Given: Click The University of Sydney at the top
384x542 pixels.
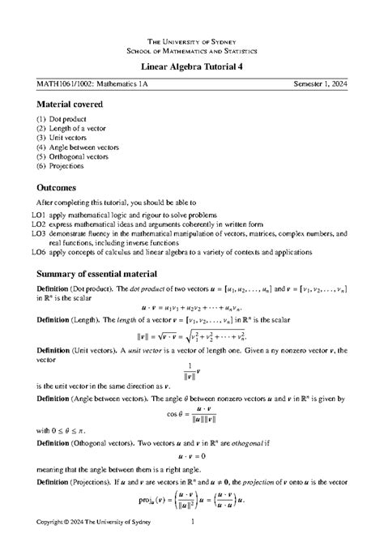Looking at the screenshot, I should (x=192, y=41).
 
